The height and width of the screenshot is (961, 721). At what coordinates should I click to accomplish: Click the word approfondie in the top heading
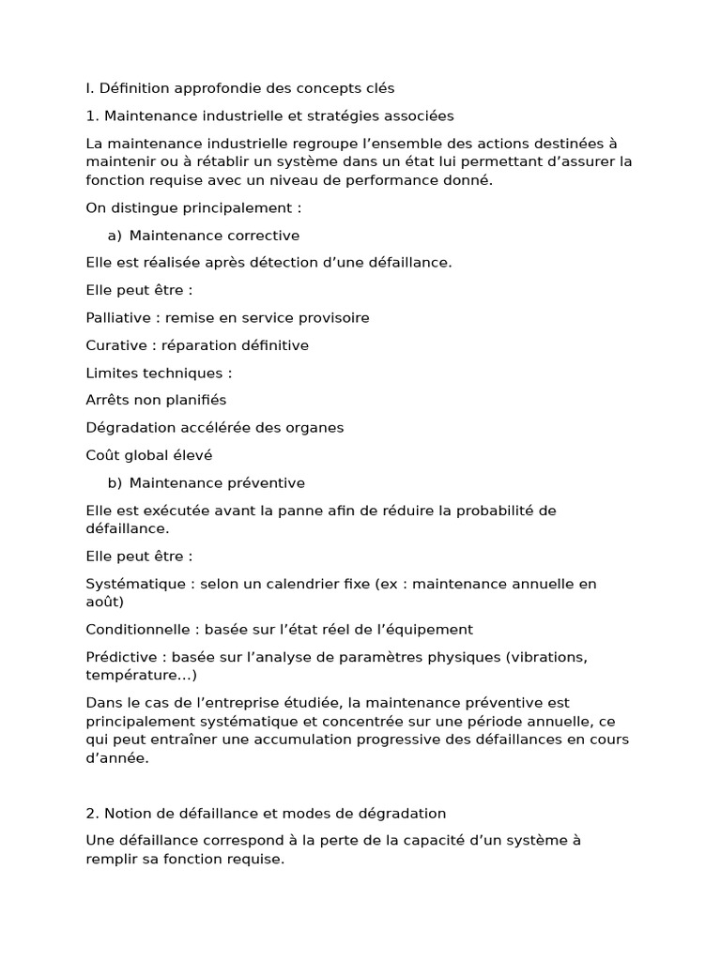(x=218, y=88)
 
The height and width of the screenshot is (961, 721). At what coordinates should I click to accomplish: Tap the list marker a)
(x=115, y=236)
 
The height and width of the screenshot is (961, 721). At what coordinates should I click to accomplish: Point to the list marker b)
(x=115, y=483)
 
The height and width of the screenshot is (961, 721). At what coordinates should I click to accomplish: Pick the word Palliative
(x=118, y=317)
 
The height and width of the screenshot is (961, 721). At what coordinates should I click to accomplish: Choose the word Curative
(x=115, y=345)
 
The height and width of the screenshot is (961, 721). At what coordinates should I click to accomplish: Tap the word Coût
(x=102, y=455)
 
